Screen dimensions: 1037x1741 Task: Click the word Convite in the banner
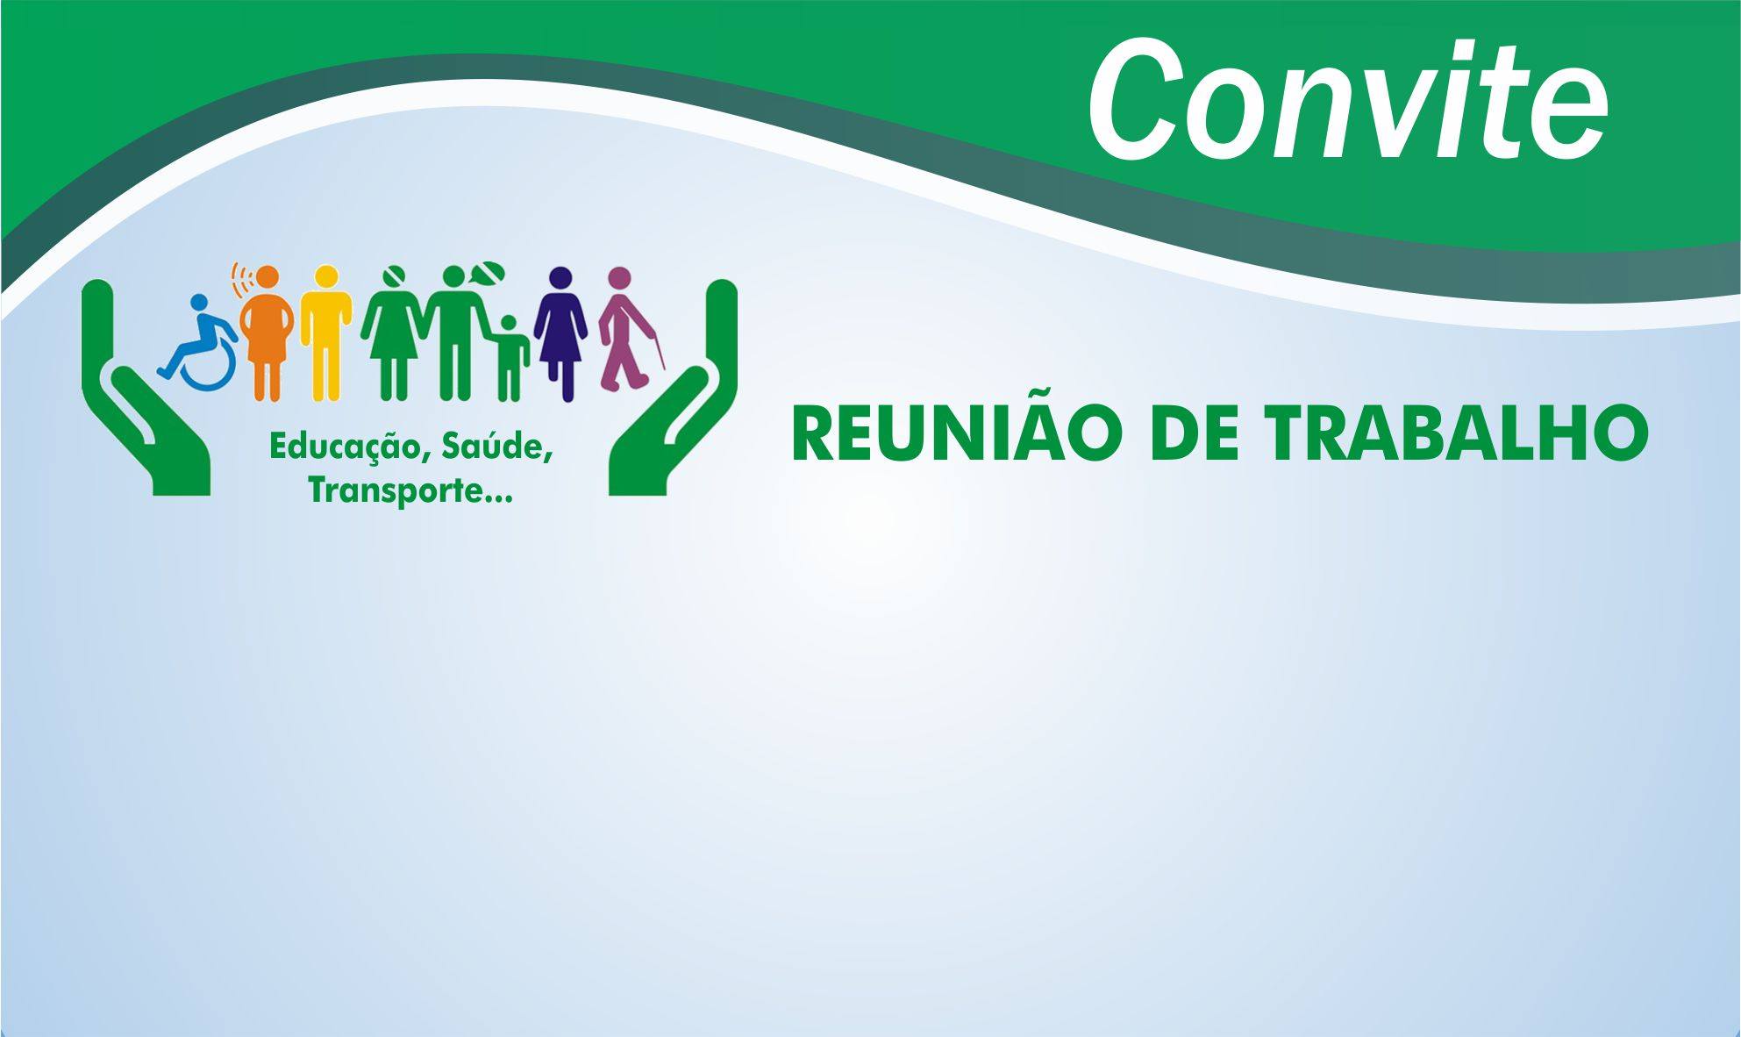click(x=1348, y=101)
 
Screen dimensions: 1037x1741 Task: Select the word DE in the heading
click(x=1188, y=435)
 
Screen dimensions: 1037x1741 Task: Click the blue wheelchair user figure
click(x=199, y=338)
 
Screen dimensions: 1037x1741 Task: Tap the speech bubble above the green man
click(x=488, y=273)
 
